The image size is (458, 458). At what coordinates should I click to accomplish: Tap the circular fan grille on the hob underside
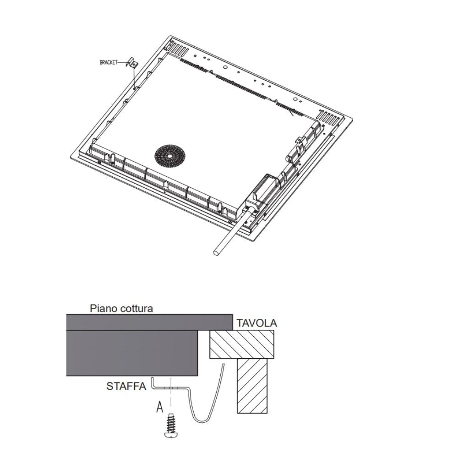(x=169, y=157)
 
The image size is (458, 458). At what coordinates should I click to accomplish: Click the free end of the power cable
(x=216, y=252)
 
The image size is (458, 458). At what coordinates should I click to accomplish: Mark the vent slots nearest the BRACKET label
(x=177, y=47)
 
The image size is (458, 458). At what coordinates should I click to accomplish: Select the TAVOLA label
(x=256, y=323)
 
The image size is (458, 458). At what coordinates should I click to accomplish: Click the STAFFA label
(x=126, y=386)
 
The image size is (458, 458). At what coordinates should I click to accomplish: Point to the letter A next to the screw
(x=159, y=407)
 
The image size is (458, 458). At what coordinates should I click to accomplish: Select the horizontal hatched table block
(x=242, y=345)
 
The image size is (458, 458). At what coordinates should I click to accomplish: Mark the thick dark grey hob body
(x=133, y=353)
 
